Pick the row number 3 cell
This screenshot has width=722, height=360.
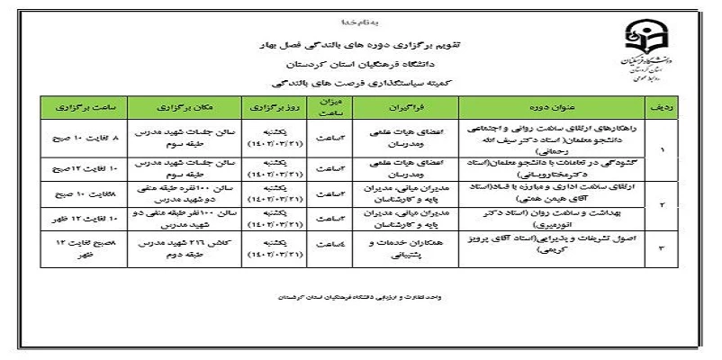(662, 245)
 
